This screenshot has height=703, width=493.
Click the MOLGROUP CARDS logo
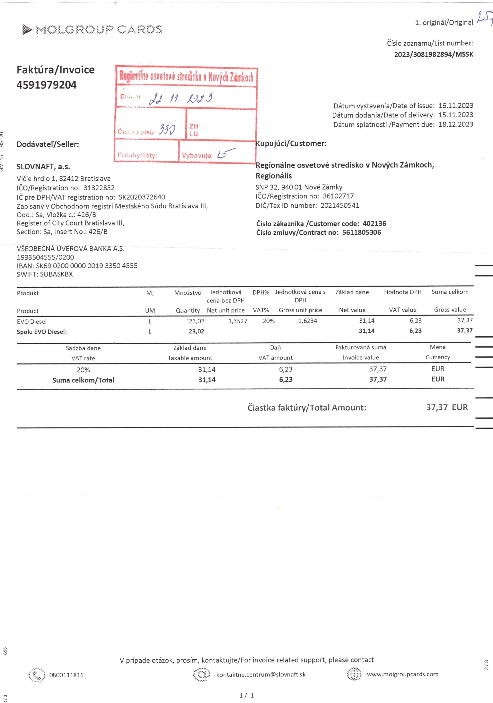[x=92, y=30]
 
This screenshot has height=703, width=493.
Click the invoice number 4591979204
[x=47, y=85]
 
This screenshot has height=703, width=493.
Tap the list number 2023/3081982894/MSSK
[x=434, y=54]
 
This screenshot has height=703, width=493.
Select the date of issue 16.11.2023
[x=456, y=106]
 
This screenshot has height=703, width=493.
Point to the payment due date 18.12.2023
[x=456, y=124]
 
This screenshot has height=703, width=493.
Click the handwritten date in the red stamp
[x=181, y=99]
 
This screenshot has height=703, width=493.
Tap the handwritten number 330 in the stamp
[x=167, y=130]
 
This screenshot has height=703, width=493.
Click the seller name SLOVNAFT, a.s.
[x=43, y=167]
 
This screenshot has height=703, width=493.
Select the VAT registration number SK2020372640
[x=142, y=197]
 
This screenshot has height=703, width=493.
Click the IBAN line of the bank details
[x=77, y=266]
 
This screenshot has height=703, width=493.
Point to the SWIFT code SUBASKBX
[x=56, y=274]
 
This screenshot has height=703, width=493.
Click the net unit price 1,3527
[x=238, y=321]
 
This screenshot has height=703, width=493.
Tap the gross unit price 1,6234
[x=308, y=321]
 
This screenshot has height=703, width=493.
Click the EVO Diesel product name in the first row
[x=32, y=322]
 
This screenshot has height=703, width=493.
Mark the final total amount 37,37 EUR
[x=447, y=407]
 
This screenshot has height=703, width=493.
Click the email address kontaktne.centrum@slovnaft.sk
[x=261, y=674]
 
